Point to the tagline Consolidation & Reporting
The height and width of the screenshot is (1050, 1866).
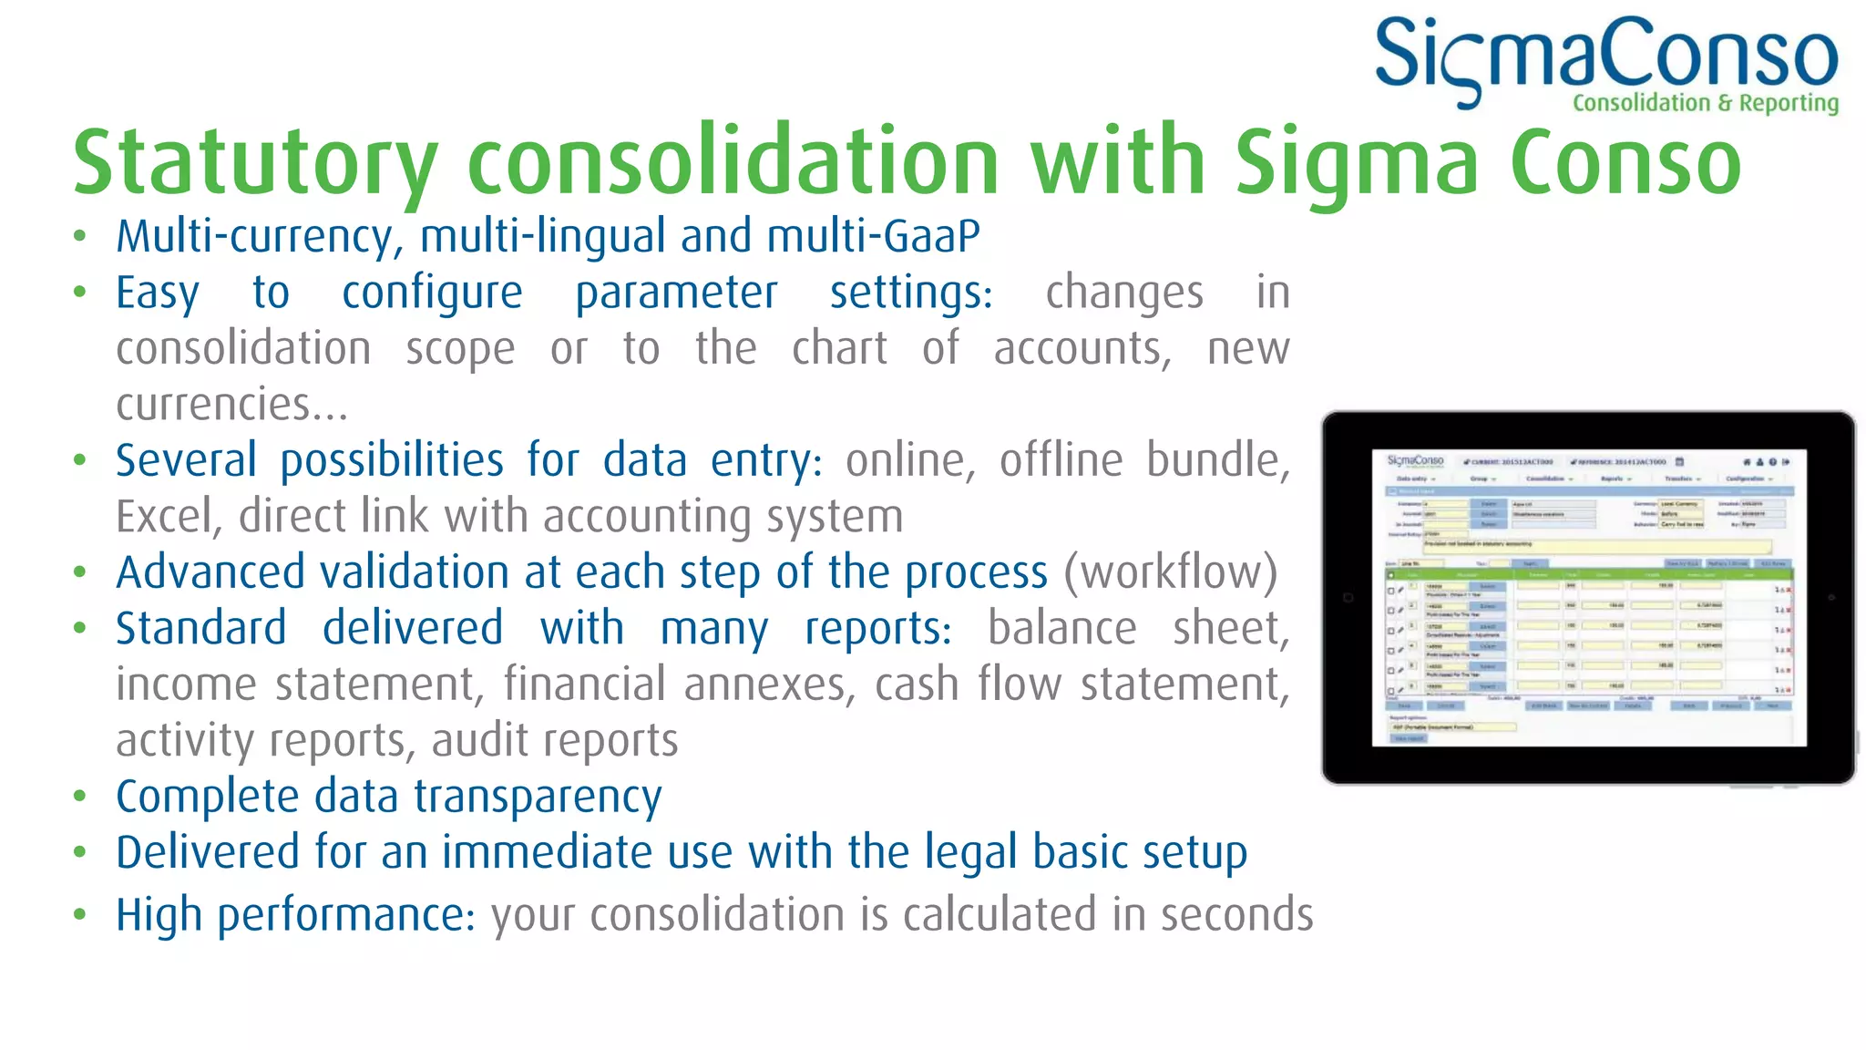coord(1706,103)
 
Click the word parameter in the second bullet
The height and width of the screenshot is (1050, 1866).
coord(676,293)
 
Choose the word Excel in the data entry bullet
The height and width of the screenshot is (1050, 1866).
coord(168,517)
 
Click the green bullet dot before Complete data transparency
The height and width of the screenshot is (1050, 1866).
coord(80,797)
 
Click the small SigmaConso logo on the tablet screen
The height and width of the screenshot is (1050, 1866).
coord(1415,461)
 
